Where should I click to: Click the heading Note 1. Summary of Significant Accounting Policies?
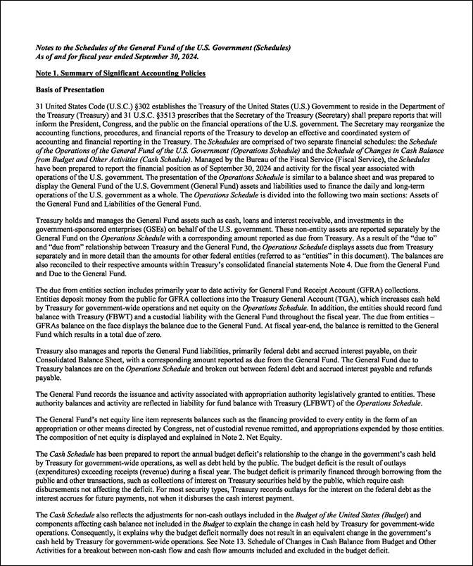(x=120, y=73)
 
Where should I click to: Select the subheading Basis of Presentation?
(x=70, y=90)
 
